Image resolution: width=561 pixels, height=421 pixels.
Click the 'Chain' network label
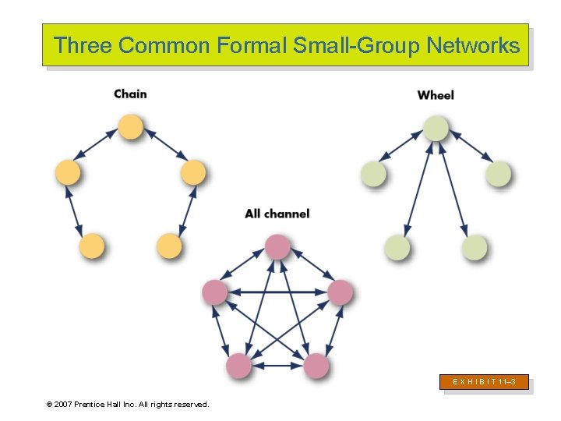pos(130,94)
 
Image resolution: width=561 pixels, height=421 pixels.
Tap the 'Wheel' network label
pos(436,95)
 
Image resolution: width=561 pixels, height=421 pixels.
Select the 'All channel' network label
pos(277,214)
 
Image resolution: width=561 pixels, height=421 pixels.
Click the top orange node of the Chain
pos(130,127)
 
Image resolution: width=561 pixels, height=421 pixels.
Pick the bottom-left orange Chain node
pos(91,246)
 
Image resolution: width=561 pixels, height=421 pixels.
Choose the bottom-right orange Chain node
pos(169,246)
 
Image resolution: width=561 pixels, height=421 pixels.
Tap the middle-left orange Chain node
pos(68,172)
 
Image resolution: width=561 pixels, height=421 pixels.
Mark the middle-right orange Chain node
pos(192,172)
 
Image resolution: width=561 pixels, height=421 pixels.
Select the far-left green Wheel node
pos(373,174)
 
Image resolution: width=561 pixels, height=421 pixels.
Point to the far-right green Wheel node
pos(498,174)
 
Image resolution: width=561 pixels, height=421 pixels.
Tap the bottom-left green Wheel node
pos(397,248)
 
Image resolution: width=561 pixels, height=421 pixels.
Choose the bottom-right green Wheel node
pos(474,248)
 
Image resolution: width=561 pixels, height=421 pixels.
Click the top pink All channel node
pos(277,246)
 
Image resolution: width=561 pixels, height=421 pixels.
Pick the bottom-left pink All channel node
pos(238,365)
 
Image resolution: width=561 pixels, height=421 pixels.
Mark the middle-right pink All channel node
pos(340,292)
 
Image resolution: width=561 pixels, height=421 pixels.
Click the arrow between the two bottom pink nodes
pos(277,365)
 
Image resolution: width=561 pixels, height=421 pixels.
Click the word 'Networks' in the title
pos(473,45)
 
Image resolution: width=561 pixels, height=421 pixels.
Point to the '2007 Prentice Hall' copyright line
pos(128,404)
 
